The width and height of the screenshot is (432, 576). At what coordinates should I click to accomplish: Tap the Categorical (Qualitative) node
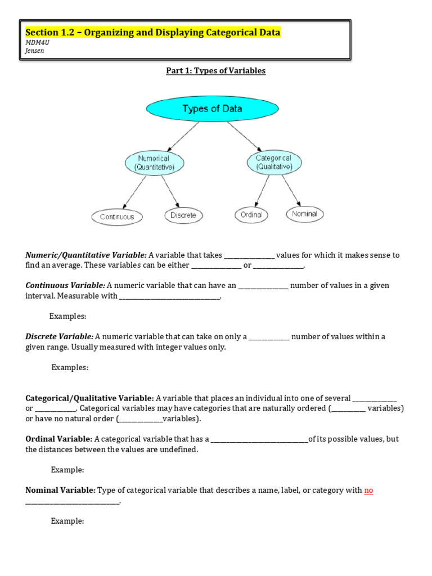(274, 163)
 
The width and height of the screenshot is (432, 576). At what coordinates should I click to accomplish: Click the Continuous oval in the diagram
(117, 217)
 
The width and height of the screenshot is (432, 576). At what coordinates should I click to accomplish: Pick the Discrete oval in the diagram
(183, 215)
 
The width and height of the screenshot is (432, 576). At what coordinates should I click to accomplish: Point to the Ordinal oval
(251, 215)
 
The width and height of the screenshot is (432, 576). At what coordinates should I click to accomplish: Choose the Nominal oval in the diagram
(305, 214)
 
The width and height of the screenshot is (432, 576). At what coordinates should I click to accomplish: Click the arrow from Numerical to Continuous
(135, 192)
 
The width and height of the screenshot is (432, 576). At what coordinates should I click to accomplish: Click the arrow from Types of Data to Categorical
(245, 137)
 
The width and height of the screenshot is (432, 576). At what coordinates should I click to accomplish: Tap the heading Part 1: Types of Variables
(215, 71)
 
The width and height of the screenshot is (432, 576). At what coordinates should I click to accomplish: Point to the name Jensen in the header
(35, 51)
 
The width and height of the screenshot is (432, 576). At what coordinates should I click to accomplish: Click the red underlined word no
(368, 490)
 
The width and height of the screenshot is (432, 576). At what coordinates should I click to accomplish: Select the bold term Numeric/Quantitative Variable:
(86, 255)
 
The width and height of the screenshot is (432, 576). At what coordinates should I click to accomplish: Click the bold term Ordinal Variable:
(59, 439)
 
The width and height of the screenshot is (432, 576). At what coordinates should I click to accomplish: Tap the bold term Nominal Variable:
(61, 490)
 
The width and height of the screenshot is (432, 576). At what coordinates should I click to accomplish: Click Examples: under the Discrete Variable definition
(70, 367)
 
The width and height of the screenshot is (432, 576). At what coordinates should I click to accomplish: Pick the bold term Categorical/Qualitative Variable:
(89, 398)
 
